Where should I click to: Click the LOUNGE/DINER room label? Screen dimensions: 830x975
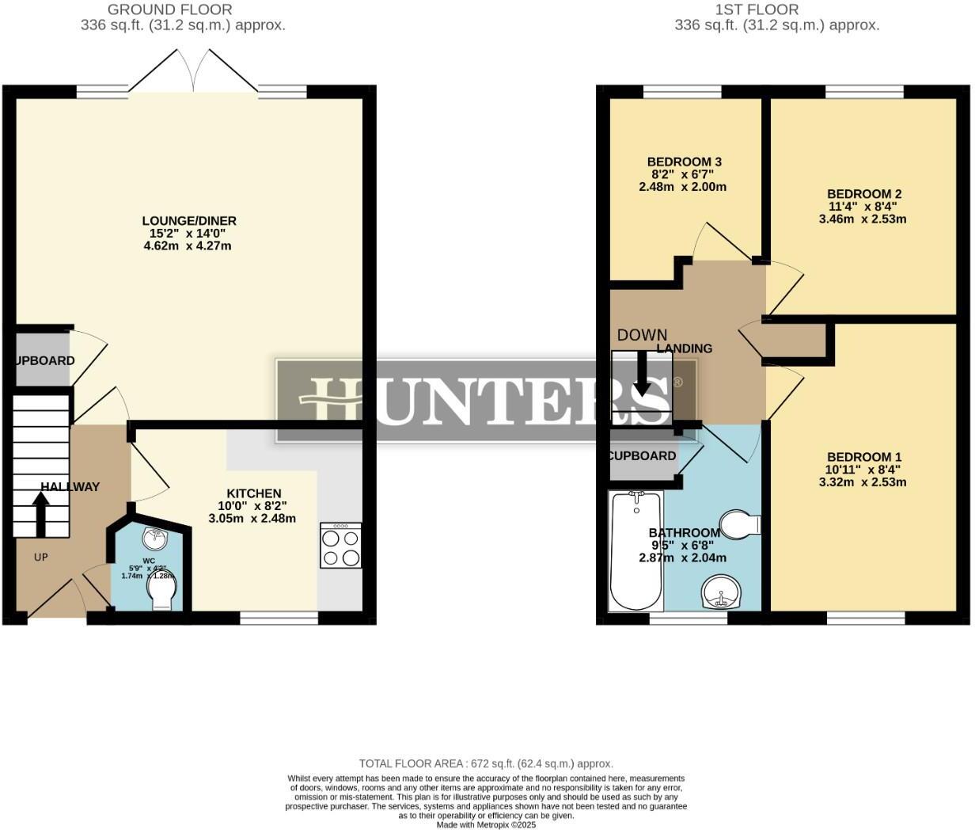point(189,221)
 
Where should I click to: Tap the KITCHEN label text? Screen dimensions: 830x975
point(253,493)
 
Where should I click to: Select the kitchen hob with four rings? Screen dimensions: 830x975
point(341,545)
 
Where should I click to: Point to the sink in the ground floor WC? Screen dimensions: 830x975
point(154,539)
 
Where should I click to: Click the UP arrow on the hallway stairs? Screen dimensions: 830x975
point(40,515)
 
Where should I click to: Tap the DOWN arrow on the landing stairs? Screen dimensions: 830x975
point(642,373)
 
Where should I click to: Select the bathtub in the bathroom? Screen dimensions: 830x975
point(635,550)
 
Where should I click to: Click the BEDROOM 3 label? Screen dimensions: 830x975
point(684,162)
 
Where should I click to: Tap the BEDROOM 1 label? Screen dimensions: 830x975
point(863,457)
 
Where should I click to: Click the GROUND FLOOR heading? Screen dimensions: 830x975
point(169,10)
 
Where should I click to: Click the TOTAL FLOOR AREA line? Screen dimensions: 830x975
point(486,763)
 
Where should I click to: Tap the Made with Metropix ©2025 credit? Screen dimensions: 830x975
point(486,824)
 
